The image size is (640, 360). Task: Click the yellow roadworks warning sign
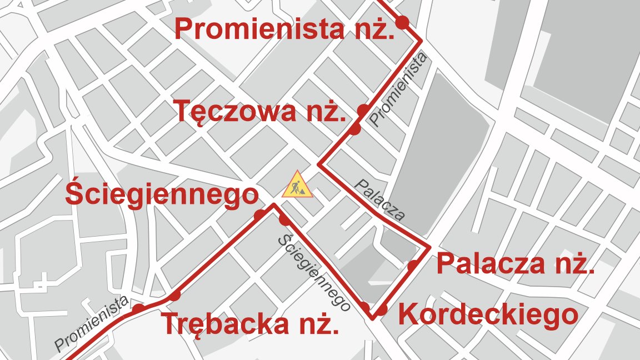click(297, 184)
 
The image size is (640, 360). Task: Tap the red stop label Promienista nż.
click(284, 29)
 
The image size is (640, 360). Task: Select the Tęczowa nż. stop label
click(259, 112)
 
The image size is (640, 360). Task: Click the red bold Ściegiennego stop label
click(162, 194)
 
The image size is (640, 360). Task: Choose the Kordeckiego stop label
click(488, 315)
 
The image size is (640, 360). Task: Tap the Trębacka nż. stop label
click(250, 324)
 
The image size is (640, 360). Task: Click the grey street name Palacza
click(380, 200)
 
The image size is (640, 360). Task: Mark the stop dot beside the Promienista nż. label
click(402, 22)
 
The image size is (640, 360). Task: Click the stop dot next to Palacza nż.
click(413, 266)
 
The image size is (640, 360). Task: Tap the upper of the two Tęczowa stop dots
click(363, 110)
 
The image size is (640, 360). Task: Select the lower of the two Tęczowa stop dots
click(354, 129)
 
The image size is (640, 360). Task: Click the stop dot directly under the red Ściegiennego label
click(259, 215)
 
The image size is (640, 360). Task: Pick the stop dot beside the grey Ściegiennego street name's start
click(284, 220)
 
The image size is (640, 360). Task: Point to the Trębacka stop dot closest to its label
click(175, 296)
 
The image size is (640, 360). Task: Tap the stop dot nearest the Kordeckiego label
click(382, 310)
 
